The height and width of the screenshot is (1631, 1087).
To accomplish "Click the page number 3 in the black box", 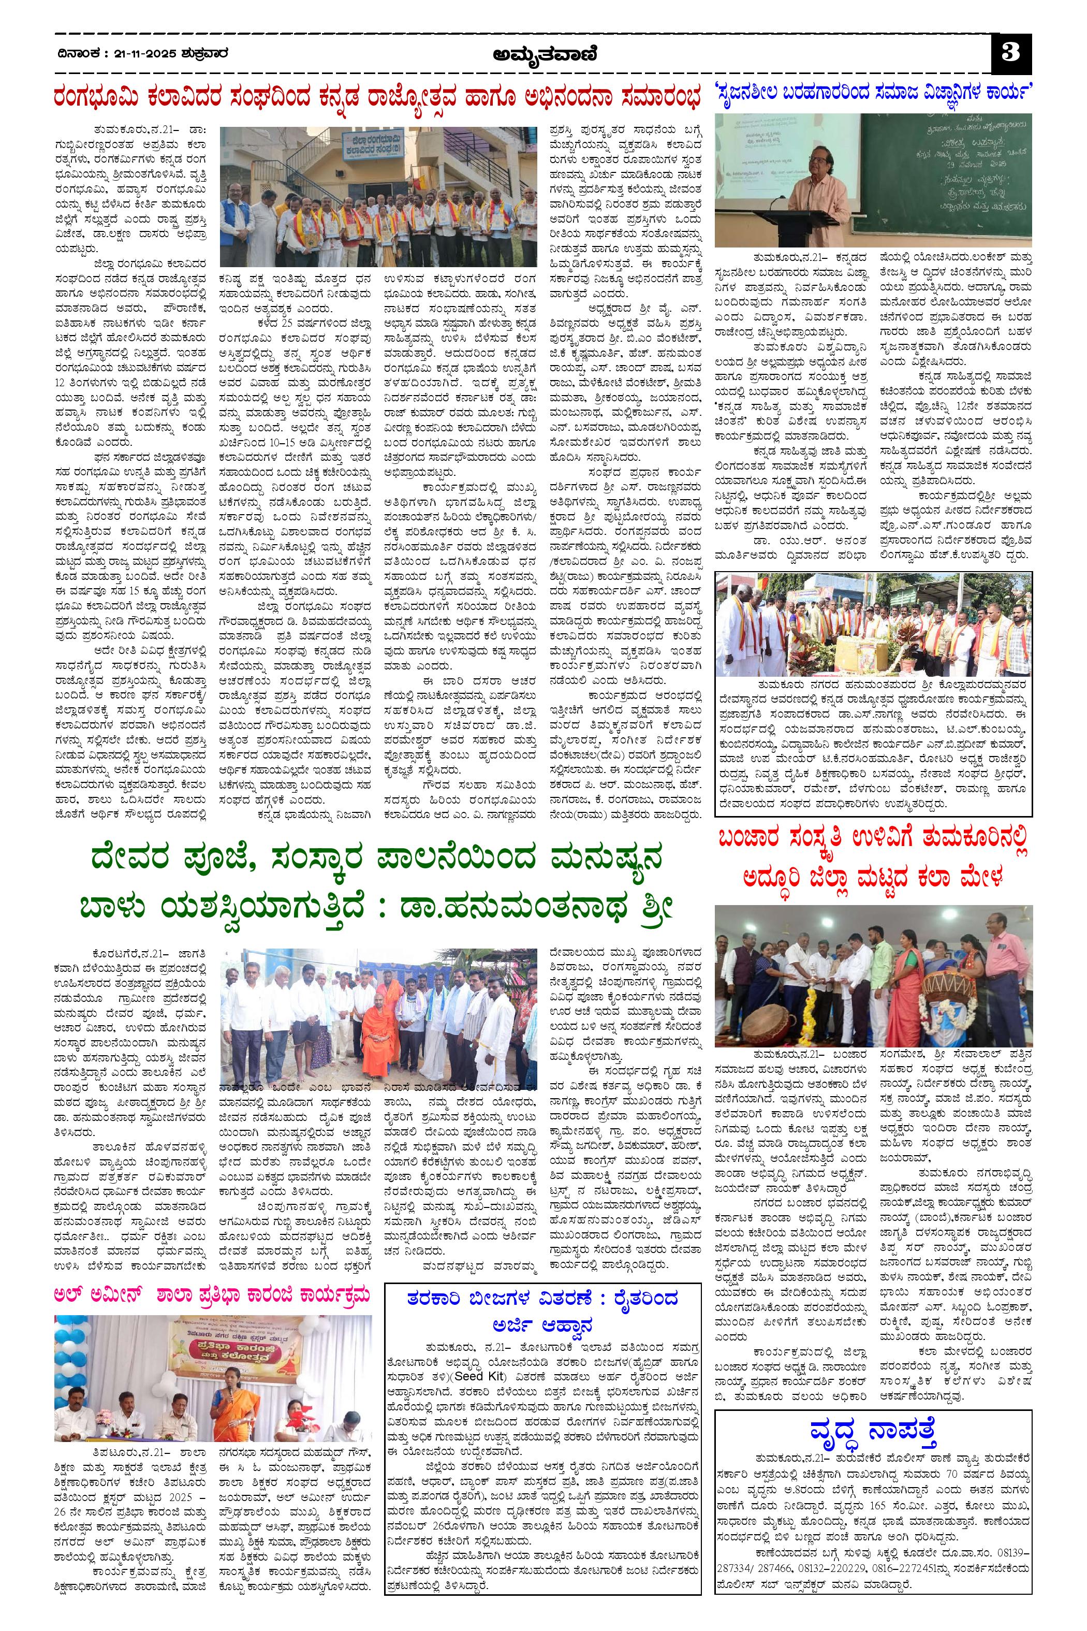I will point(1011,54).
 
